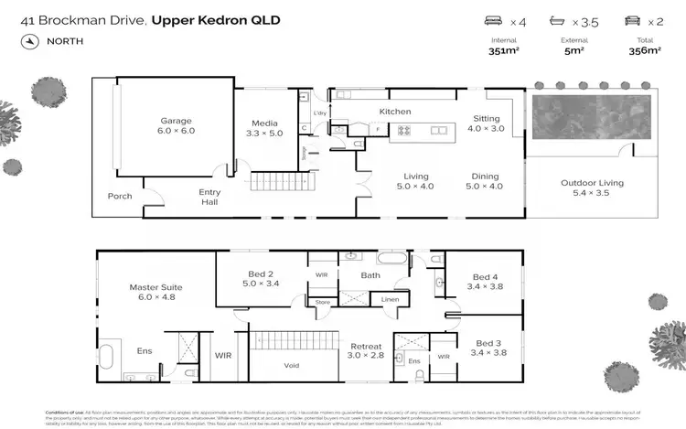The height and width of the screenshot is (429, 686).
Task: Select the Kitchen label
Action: point(395,112)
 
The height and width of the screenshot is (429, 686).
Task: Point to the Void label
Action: point(293,365)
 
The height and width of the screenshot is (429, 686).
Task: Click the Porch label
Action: point(120,196)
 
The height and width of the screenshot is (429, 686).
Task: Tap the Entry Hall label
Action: point(211,198)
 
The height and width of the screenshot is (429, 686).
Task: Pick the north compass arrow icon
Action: point(31,41)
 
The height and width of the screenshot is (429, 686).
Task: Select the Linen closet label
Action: point(390,299)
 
